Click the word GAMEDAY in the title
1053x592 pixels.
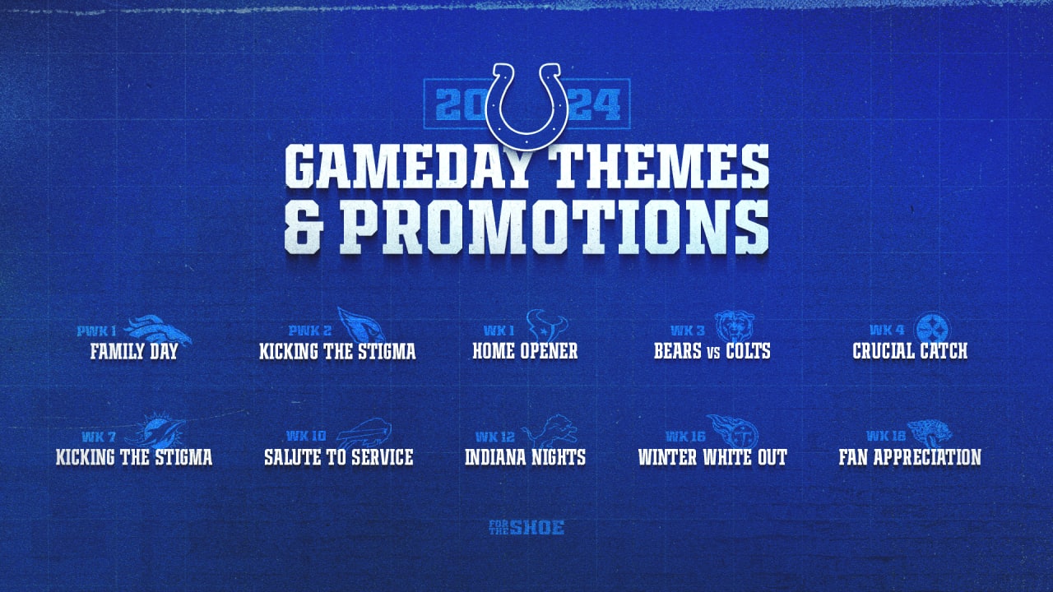407,166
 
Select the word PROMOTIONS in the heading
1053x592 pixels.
554,228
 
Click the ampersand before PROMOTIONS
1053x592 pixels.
304,228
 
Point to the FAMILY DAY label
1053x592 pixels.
134,351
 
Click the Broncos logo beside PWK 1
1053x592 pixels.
157,330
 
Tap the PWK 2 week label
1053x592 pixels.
310,331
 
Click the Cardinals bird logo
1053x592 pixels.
361,325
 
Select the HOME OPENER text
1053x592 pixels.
525,351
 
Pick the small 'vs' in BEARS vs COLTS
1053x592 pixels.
713,353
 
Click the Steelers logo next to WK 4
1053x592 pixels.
933,329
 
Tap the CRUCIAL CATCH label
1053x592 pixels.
910,351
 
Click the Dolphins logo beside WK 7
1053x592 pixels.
156,430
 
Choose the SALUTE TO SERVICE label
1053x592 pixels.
338,457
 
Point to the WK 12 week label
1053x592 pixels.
495,437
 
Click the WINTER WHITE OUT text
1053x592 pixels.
712,457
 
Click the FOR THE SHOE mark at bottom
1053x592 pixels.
526,528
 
